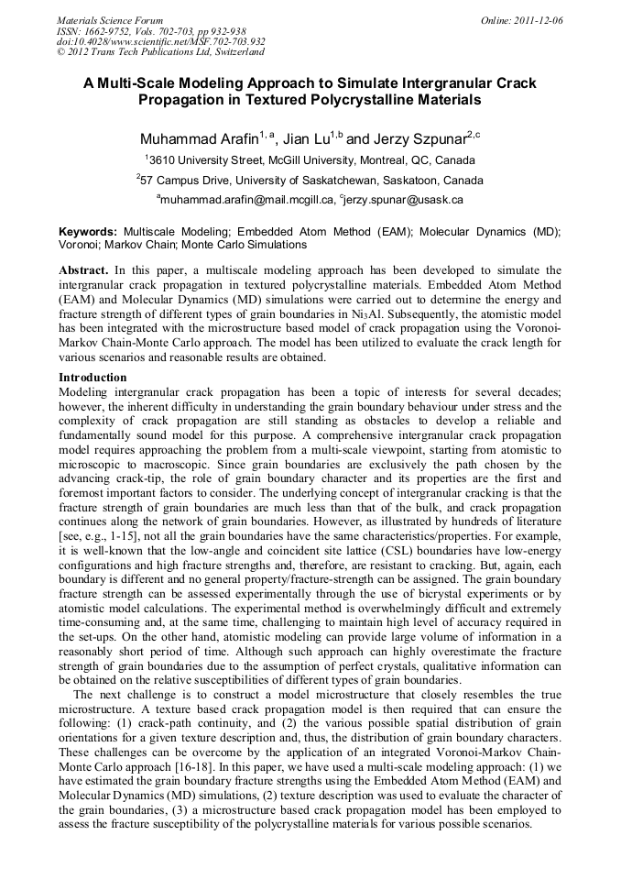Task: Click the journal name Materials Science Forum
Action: [110, 20]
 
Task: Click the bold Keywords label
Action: [88, 232]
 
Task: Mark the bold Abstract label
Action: [83, 271]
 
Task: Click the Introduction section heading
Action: [93, 377]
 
